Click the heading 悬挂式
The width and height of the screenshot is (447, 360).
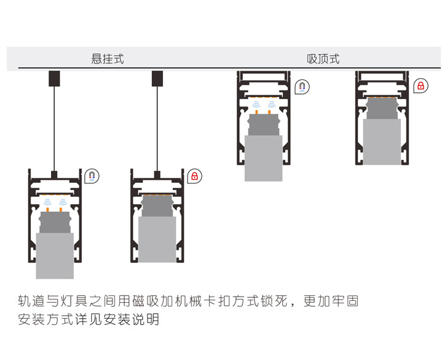[108, 59]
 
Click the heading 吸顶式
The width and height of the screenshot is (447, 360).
[323, 59]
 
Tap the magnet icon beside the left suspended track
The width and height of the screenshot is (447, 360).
[92, 176]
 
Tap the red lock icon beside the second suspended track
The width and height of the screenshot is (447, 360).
[195, 176]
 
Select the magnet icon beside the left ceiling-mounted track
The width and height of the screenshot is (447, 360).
[301, 86]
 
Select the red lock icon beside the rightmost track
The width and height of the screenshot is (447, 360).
[421, 86]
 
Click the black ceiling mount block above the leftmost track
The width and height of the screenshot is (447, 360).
[55, 78]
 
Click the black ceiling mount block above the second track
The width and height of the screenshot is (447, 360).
[157, 78]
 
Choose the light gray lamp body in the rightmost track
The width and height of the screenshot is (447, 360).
[382, 142]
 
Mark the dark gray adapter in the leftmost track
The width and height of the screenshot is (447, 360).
[55, 222]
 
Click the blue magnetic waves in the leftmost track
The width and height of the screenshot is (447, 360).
[55, 201]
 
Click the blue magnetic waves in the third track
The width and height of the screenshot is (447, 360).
[263, 106]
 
